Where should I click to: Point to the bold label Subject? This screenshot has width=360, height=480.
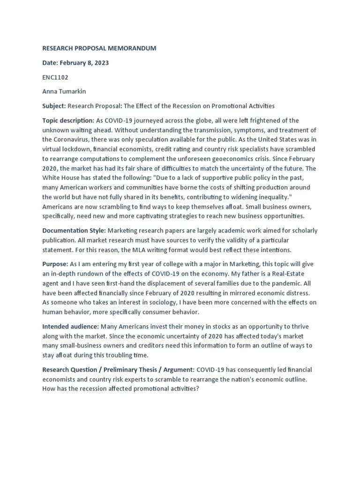[54, 106]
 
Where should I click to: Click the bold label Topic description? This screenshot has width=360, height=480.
[68, 121]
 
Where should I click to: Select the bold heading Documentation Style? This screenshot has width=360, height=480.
[74, 231]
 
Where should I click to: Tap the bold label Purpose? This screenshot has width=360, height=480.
[55, 264]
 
